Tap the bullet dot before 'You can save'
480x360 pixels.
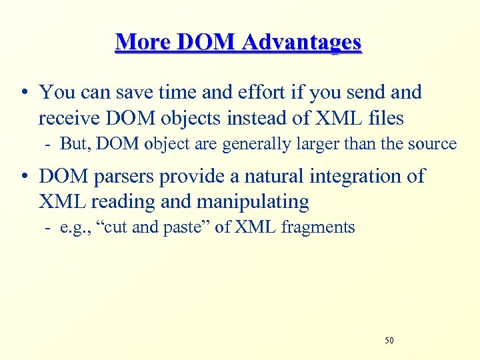23,93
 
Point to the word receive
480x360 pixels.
64,119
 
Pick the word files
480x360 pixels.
381,119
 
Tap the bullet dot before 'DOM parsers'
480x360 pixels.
23,177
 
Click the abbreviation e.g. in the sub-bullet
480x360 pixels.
71,228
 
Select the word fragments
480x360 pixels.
318,228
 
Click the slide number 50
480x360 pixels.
389,341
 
